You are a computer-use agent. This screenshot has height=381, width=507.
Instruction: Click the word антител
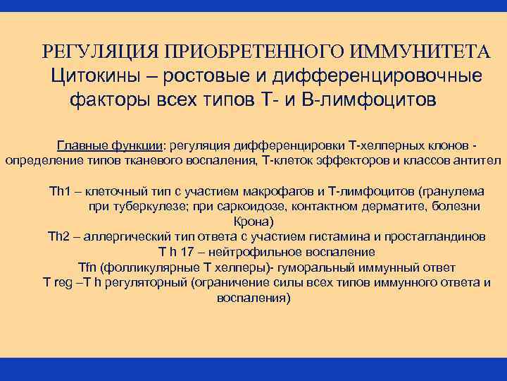tap(477, 160)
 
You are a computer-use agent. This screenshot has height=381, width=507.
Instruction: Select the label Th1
tap(58, 191)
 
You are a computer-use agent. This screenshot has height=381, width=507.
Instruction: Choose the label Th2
tap(58, 236)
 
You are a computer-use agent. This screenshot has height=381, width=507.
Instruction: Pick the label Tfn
tap(87, 267)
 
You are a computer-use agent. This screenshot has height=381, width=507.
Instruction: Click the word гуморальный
tap(321, 267)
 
